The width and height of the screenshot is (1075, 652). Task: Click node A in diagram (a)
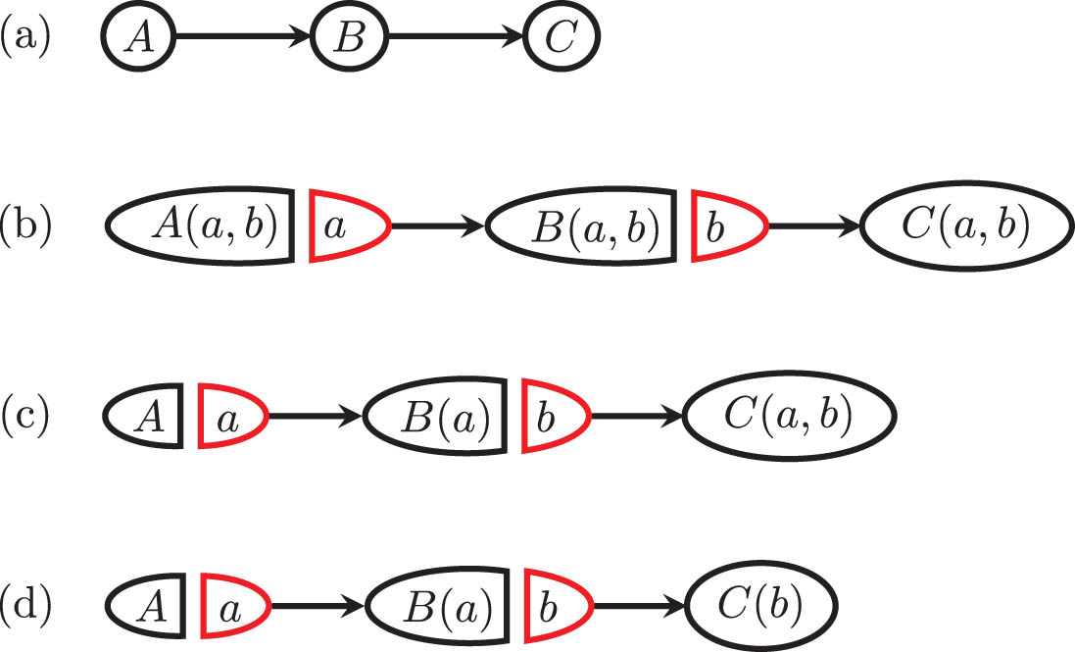(x=137, y=39)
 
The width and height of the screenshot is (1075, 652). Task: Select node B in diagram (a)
(x=350, y=39)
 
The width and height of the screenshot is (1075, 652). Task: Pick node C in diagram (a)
(x=562, y=39)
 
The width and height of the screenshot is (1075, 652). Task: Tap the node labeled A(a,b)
(x=201, y=226)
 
